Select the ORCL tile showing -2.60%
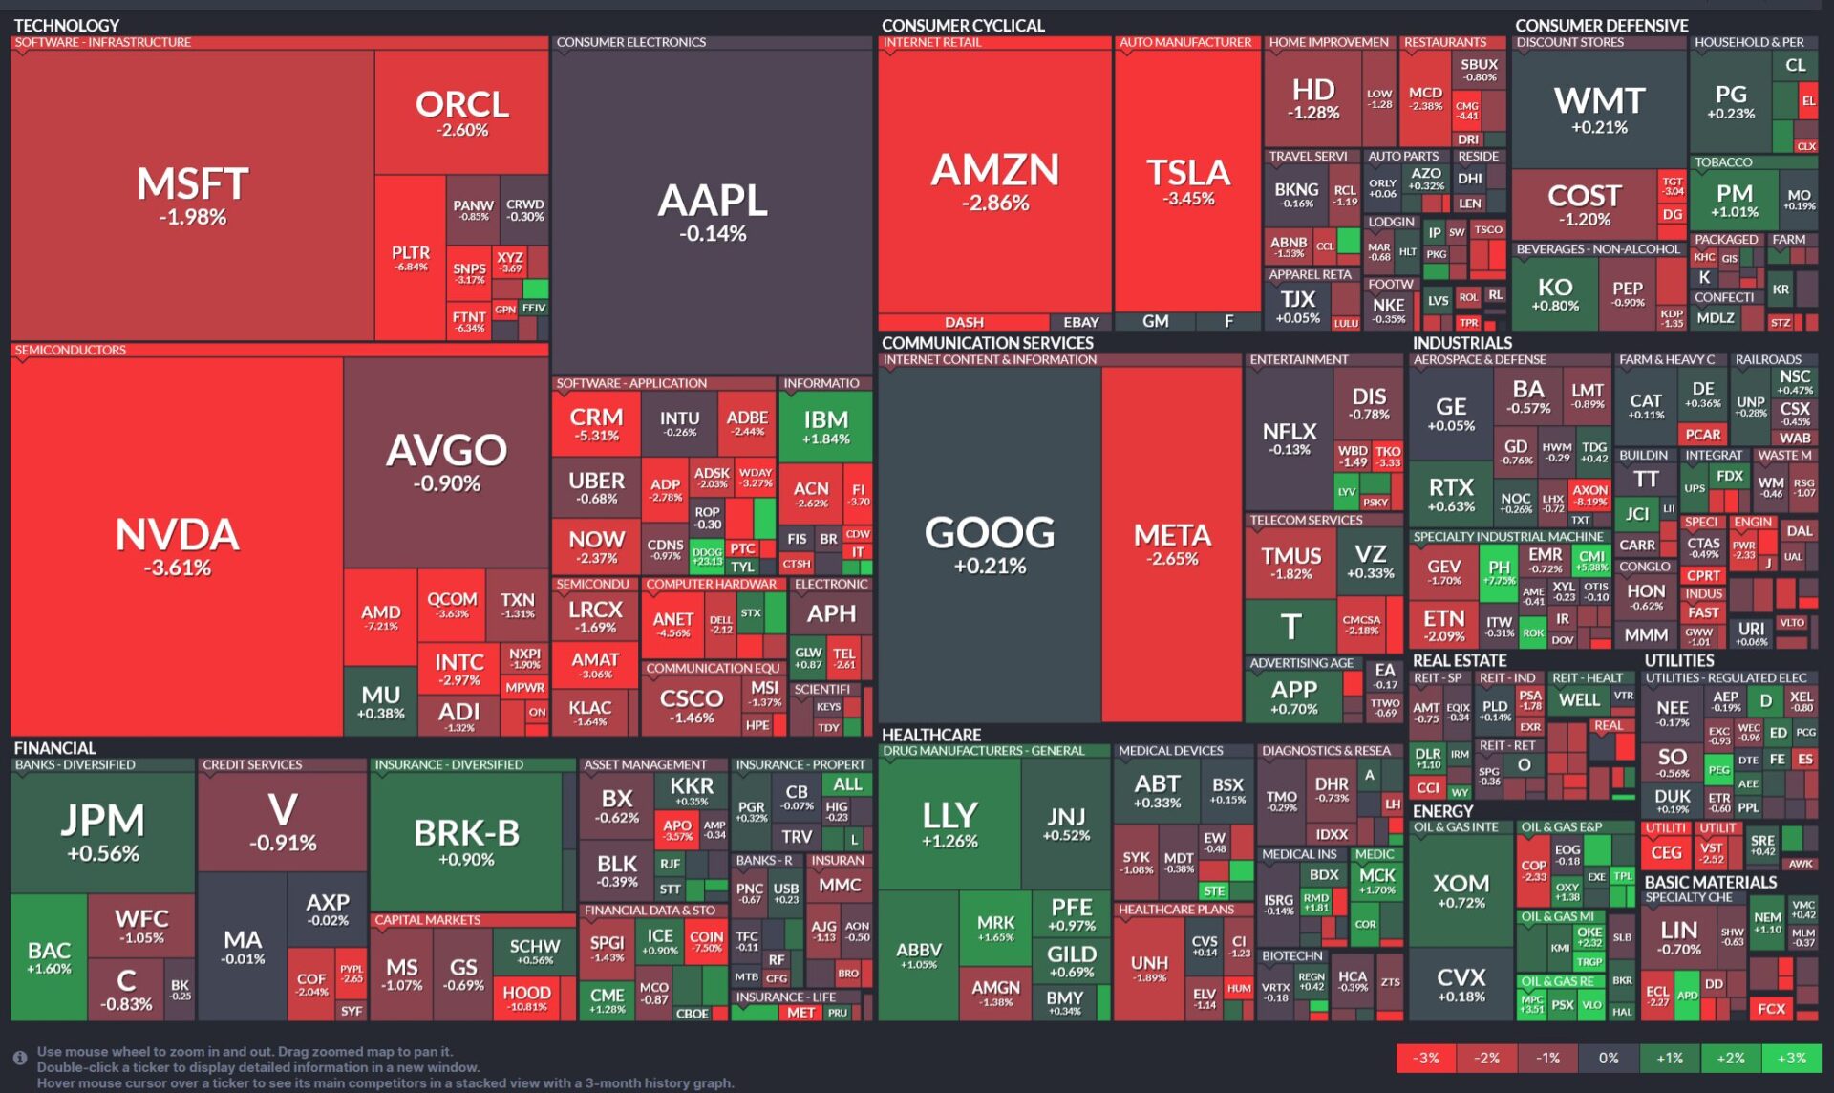click(462, 113)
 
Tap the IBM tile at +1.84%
click(825, 426)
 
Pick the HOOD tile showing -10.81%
click(526, 997)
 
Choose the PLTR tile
click(411, 258)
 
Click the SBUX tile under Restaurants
click(1479, 69)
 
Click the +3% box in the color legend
click(1791, 1058)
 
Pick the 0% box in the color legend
click(1609, 1058)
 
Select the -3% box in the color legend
click(1425, 1058)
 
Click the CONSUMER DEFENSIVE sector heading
click(1601, 26)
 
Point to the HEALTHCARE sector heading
click(931, 735)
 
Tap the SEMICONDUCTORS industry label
click(71, 350)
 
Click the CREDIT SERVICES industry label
click(252, 764)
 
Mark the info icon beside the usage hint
click(19, 1058)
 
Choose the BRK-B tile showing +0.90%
click(466, 841)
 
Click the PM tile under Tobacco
click(1734, 201)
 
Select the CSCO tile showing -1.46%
click(692, 705)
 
